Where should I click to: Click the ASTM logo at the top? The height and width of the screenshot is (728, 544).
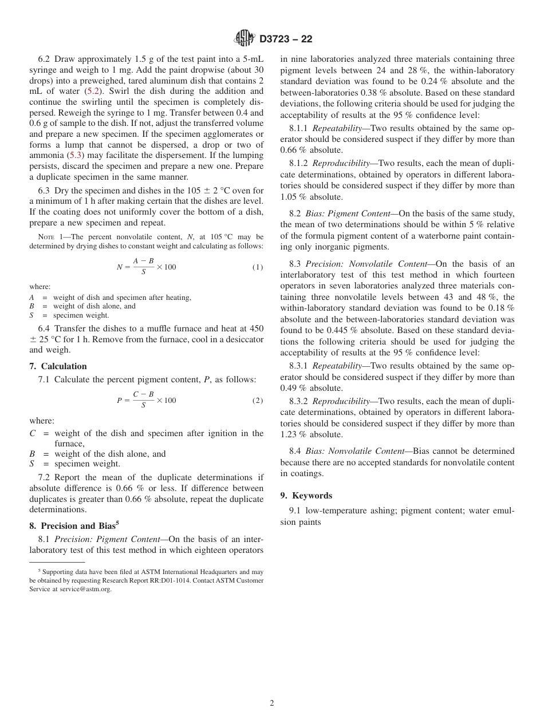[x=245, y=39]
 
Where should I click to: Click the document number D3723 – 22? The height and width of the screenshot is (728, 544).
[x=286, y=39]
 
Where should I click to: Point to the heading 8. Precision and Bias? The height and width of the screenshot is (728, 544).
[x=80, y=525]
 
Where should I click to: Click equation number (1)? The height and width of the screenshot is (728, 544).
[x=258, y=267]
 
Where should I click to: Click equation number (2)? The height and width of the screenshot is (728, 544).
[x=258, y=400]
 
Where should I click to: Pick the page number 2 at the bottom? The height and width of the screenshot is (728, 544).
[x=272, y=703]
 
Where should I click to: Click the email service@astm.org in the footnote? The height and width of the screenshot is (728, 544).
[x=85, y=589]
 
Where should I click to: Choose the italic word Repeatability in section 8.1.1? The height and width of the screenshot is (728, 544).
[x=337, y=128]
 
